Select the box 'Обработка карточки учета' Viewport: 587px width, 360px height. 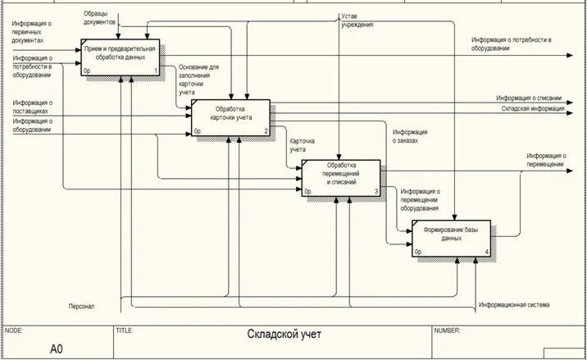231,117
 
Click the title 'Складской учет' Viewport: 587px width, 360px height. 284,335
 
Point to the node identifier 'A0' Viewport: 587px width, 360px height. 56,349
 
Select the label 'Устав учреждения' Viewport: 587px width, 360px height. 357,21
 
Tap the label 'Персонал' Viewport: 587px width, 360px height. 82,307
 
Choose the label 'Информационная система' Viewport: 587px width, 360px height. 514,305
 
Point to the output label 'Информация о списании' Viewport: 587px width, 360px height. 528,98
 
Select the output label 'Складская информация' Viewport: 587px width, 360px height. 532,107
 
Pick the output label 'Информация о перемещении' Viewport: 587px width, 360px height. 547,160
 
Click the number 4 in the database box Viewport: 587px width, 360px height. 487,252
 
